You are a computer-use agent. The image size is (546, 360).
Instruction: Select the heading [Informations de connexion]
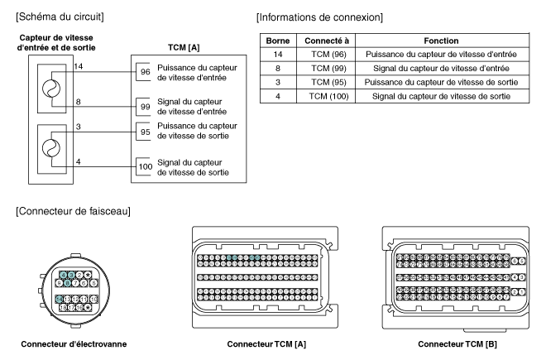point(323,16)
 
